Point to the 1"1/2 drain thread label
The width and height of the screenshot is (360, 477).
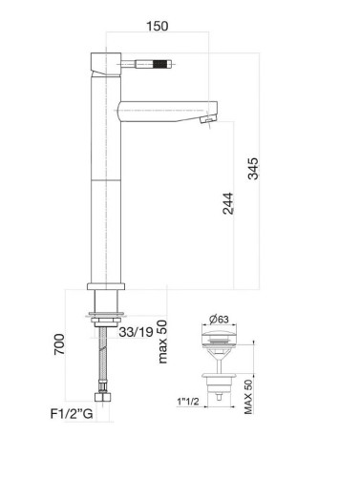click(189, 402)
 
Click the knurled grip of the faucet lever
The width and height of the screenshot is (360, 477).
click(155, 67)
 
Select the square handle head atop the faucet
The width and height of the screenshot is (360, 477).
click(101, 64)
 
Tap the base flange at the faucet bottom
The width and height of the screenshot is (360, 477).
click(104, 286)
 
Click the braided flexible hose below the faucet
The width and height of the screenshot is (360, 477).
click(103, 358)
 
